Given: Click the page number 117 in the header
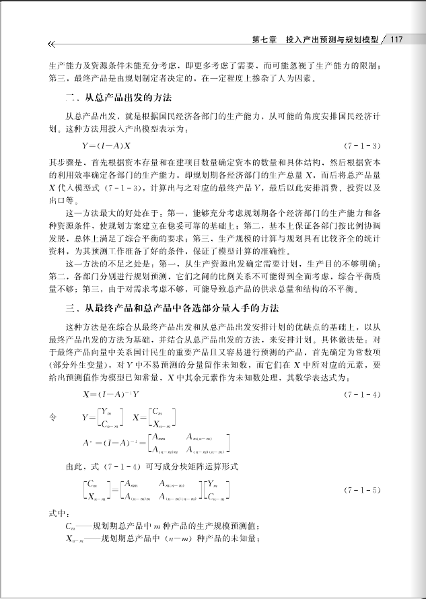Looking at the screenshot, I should (395, 39).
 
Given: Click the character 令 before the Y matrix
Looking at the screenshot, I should (53, 418).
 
